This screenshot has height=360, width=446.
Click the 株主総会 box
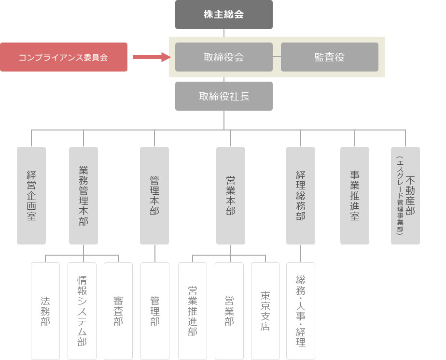(224, 14)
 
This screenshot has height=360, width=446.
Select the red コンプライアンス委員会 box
(64, 57)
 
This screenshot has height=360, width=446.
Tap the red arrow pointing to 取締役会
(152, 57)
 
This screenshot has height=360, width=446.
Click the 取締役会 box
(224, 57)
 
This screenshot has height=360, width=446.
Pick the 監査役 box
(329, 57)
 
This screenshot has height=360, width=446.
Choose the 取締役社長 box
(224, 96)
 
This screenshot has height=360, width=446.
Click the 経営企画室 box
(31, 196)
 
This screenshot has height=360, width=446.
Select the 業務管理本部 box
(84, 196)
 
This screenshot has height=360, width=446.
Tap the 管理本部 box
(154, 196)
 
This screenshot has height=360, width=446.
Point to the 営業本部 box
(231, 196)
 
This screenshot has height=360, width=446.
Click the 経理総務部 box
(301, 196)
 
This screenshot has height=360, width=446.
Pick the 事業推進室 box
(355, 196)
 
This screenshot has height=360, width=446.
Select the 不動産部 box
(405, 196)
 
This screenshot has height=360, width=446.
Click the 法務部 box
(45, 311)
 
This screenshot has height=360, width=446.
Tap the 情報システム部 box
(82, 311)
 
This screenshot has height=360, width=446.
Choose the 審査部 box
(118, 311)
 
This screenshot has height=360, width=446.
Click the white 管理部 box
(155, 311)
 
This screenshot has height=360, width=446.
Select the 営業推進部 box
(193, 311)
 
